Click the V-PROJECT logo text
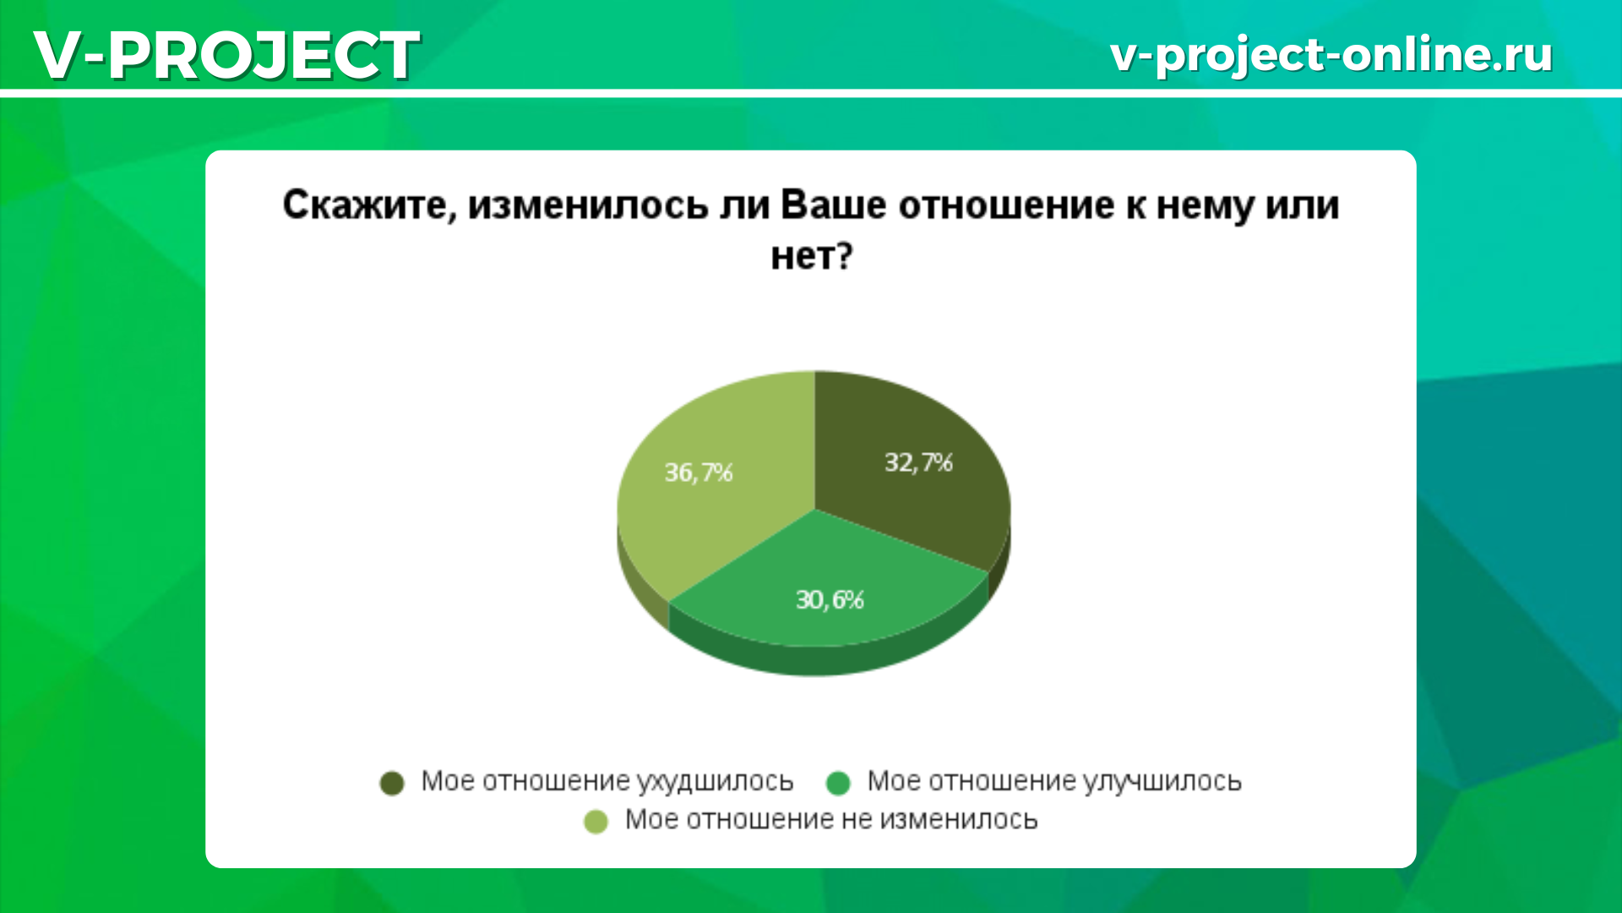point(226,56)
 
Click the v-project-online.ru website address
point(1331,55)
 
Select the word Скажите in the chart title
point(369,205)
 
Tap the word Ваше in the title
point(833,205)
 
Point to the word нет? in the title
point(812,255)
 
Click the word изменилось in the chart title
point(588,205)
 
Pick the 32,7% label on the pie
point(918,462)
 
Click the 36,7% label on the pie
point(699,472)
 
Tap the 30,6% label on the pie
point(830,599)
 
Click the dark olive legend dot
point(392,784)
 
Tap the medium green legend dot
point(838,784)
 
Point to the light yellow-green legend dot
point(596,822)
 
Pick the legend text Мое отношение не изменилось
point(831,820)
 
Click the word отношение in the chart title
point(1006,205)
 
